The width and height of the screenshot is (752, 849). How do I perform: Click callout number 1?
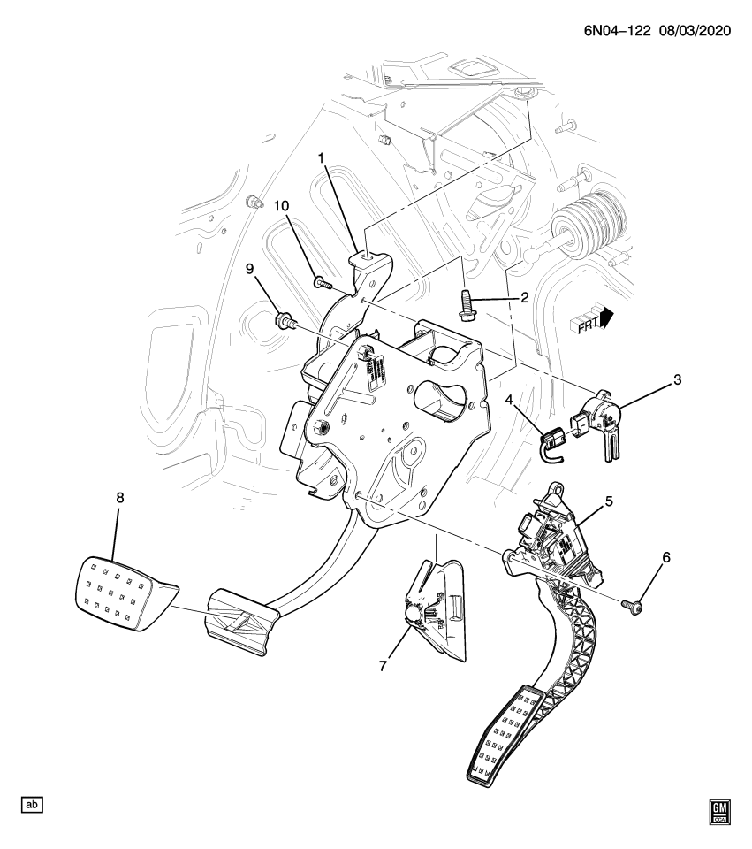323,159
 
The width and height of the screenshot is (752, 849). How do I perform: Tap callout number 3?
678,380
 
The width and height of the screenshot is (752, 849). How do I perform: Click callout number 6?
666,557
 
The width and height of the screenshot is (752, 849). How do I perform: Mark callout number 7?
383,666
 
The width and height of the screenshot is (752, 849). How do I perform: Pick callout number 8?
120,498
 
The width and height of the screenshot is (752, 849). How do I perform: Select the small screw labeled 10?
321,283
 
